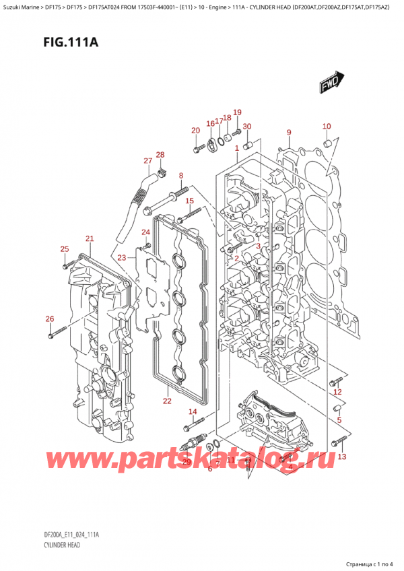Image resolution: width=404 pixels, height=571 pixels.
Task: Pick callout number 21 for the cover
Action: coord(90,239)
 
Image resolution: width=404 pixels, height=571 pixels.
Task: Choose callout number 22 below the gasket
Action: coord(167,401)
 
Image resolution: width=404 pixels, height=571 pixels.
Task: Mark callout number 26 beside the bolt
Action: coord(49,318)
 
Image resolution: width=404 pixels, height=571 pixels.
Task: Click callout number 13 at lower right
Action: coord(342,457)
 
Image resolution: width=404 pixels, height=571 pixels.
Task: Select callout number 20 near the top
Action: coord(196,131)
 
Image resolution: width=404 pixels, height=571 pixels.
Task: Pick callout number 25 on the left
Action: coord(64,250)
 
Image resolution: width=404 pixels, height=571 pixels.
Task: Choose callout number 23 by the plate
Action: coord(122,257)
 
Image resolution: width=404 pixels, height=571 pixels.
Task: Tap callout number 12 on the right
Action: coord(338,392)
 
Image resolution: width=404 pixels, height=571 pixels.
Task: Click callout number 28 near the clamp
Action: coord(160,156)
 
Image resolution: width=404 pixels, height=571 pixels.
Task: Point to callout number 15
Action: coord(190,201)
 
